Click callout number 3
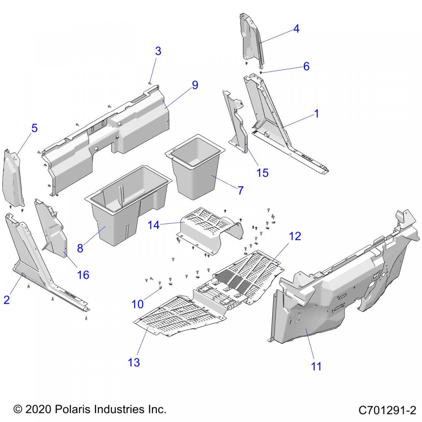tap(158, 51)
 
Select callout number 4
tap(296, 29)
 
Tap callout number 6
tap(306, 66)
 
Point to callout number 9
tap(195, 85)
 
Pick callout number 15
tap(263, 173)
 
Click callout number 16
tap(83, 275)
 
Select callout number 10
tap(138, 304)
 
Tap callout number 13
tap(134, 362)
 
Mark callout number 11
tap(316, 366)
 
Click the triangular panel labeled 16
tap(53, 229)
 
